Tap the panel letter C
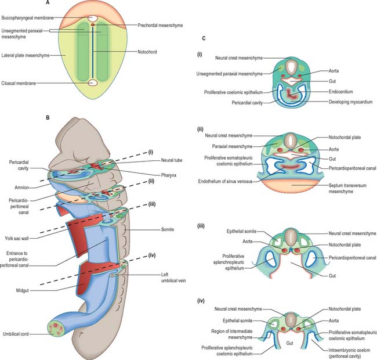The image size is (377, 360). (x=202, y=38)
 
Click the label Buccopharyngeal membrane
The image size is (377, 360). (x=32, y=17)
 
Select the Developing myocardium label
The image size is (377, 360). (x=343, y=102)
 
